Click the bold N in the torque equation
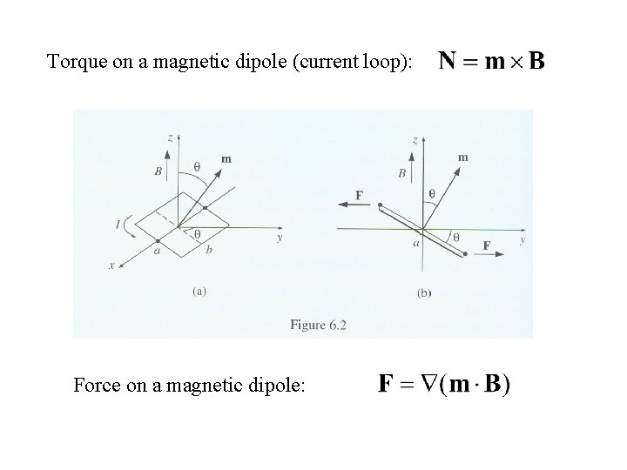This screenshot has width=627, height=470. click(x=448, y=61)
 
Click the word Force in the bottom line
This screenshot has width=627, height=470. click(x=98, y=383)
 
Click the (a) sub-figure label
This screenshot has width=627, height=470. click(x=199, y=292)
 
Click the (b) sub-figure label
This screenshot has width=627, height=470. click(x=424, y=293)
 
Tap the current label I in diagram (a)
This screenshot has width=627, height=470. click(x=117, y=225)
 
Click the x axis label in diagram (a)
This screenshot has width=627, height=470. click(x=111, y=266)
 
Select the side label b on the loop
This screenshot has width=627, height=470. click(x=208, y=250)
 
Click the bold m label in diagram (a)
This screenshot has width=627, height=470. click(x=226, y=158)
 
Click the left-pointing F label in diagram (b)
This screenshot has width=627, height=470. click(x=360, y=196)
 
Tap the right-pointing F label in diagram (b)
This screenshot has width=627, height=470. click(x=487, y=245)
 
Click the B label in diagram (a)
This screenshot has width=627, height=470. click(x=158, y=172)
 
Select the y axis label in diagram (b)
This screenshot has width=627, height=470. click(x=522, y=239)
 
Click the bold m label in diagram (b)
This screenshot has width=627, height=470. click(x=462, y=157)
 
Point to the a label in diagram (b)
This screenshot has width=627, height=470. click(x=417, y=245)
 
